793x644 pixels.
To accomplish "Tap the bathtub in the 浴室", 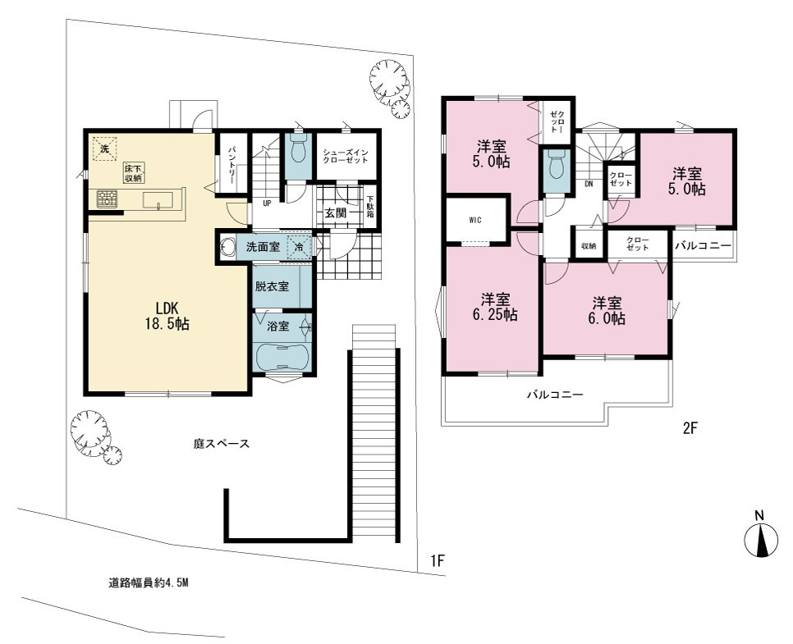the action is coord(282,357).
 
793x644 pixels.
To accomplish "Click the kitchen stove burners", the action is coord(108,199).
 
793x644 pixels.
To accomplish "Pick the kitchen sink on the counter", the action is coord(158,200).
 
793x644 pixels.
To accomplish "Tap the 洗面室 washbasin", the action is coord(227,247).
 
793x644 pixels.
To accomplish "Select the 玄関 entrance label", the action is coord(335,212).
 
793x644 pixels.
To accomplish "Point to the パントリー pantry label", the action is coord(231,162).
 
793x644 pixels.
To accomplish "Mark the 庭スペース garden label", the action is coord(222,444).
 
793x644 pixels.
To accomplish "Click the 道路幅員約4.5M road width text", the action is coord(149,582).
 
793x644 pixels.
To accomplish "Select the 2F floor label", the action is coord(690,428).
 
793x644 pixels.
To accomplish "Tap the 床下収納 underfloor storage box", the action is coord(134,173).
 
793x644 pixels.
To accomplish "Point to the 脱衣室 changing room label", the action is coord(272,286).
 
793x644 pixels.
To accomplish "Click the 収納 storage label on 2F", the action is coord(588,246).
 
